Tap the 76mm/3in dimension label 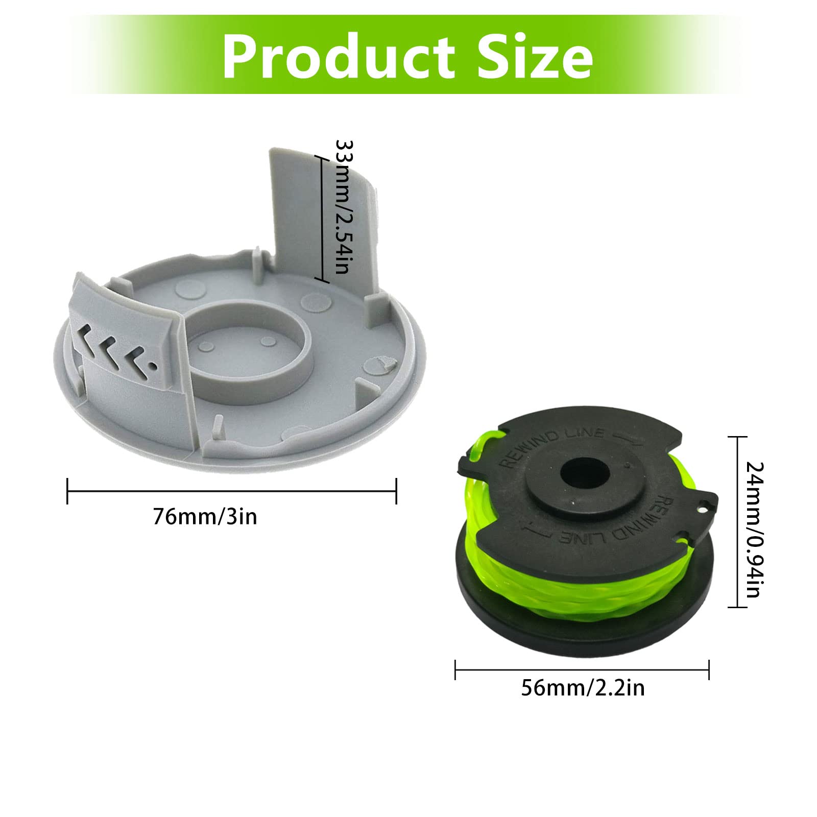tap(205, 517)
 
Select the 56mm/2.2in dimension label tap(583, 688)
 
